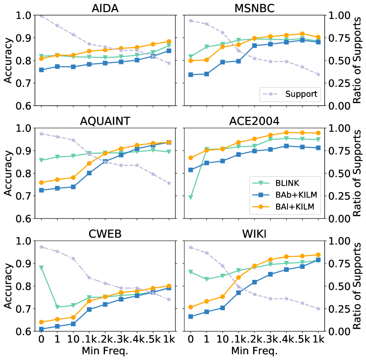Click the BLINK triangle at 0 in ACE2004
tap(190, 197)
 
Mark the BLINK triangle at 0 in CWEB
tap(41, 267)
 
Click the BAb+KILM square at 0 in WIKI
tap(190, 316)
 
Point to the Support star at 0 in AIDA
tap(41, 16)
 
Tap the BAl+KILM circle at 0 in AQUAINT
tap(41, 182)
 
